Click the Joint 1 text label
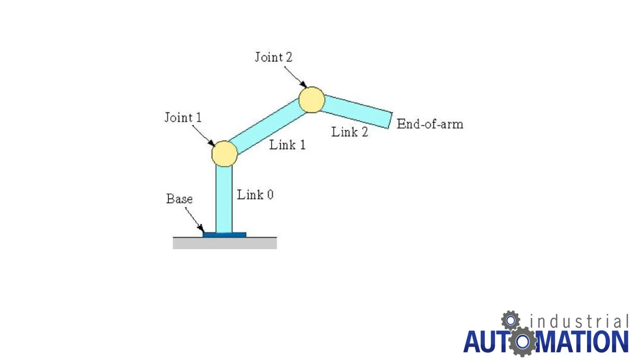pyautogui.click(x=183, y=117)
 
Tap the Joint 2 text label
pyautogui.click(x=273, y=57)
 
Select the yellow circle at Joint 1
pyautogui.click(x=224, y=154)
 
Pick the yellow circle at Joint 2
pyautogui.click(x=312, y=100)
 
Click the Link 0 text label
pyautogui.click(x=255, y=195)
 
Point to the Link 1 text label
pyautogui.click(x=287, y=145)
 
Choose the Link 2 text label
pyautogui.click(x=349, y=132)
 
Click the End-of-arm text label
pyautogui.click(x=430, y=124)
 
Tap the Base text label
pyautogui.click(x=179, y=199)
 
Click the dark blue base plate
pyautogui.click(x=224, y=235)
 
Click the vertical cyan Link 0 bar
pyautogui.click(x=224, y=200)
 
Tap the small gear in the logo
pyautogui.click(x=511, y=320)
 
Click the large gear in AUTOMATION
pyautogui.click(x=522, y=342)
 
